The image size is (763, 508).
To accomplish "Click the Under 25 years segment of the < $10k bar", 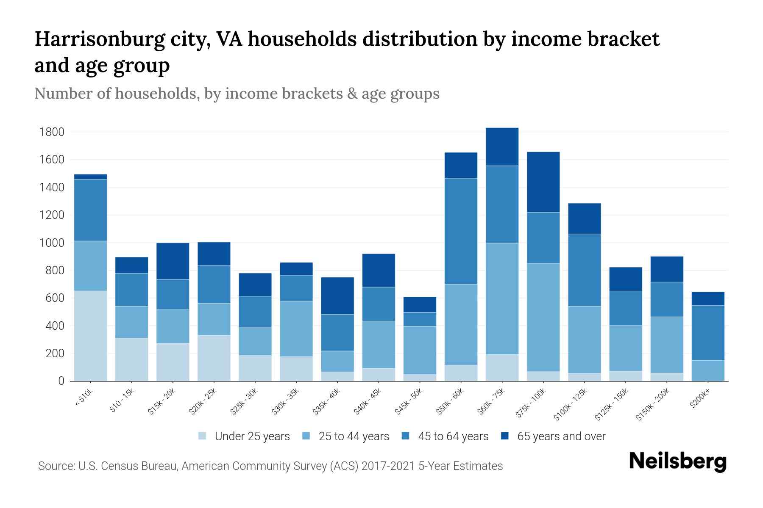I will coord(90,336).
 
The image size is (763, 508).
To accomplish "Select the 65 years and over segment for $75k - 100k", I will coord(543,182).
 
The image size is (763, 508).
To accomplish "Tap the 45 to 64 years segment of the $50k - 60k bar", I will coord(461,231).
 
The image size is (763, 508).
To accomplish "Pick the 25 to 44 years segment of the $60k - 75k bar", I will coord(502,298).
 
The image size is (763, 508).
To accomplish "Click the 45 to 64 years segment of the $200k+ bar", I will coord(707,333).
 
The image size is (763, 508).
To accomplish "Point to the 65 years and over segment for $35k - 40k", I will coord(337,295).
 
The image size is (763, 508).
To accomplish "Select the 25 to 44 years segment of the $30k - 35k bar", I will coord(296,329).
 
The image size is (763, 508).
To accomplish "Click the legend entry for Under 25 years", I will coord(252,436).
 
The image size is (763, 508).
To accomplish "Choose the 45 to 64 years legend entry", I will coord(453,436).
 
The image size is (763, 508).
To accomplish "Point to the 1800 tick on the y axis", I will coord(52,132).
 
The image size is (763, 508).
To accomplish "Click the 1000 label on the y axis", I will coord(52,243).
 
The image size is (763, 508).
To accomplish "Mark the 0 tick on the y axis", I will coord(61,381).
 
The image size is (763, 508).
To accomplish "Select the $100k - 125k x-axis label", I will coord(571,404).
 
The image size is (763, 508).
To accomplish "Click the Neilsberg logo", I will coord(678,461).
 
